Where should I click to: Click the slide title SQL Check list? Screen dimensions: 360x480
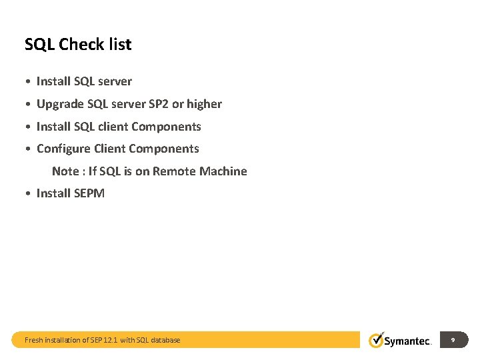pyautogui.click(x=78, y=45)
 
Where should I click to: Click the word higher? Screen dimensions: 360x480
pyautogui.click(x=204, y=104)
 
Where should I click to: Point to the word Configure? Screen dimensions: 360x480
pyautogui.click(x=63, y=149)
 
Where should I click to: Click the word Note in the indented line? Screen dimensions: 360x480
pyautogui.click(x=65, y=171)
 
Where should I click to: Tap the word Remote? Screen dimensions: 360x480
pyautogui.click(x=173, y=171)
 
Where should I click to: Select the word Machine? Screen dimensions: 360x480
pyautogui.click(x=223, y=171)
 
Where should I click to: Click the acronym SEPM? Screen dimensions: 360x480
pyautogui.click(x=89, y=193)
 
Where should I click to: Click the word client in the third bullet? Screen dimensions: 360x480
pyautogui.click(x=113, y=127)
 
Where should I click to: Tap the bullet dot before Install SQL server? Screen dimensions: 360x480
pyautogui.click(x=27, y=82)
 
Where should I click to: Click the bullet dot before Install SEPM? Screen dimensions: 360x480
pyautogui.click(x=27, y=194)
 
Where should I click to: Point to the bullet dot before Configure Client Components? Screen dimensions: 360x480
pyautogui.click(x=27, y=149)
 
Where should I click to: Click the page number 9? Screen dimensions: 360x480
pyautogui.click(x=453, y=340)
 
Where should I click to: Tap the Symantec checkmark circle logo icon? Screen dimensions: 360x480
pyautogui.click(x=377, y=340)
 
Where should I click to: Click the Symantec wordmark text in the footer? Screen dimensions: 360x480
pyautogui.click(x=408, y=341)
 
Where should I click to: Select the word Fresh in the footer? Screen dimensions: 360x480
pyautogui.click(x=34, y=340)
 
